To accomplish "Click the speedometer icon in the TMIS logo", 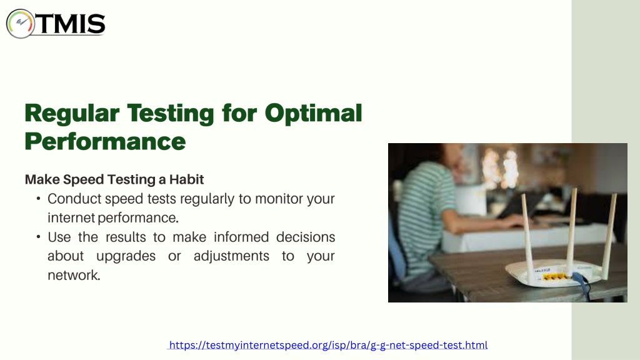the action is [x=20, y=24].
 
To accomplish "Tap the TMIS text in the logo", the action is [x=71, y=24].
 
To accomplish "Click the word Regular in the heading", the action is [x=72, y=114].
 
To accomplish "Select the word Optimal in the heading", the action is [x=313, y=114].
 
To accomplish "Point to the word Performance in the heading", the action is [x=105, y=142].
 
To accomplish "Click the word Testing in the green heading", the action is [x=170, y=114].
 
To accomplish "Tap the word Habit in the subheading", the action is [x=186, y=179].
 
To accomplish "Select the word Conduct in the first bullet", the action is [x=74, y=199].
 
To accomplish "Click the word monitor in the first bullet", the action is [x=279, y=199].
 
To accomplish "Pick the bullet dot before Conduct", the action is [x=38, y=199].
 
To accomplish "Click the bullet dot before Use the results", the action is [x=38, y=237].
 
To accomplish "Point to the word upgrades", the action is [x=126, y=256].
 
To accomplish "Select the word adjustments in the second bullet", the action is [x=231, y=256].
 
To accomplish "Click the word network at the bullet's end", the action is [x=73, y=275].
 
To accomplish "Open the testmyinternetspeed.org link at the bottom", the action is [x=328, y=345].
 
